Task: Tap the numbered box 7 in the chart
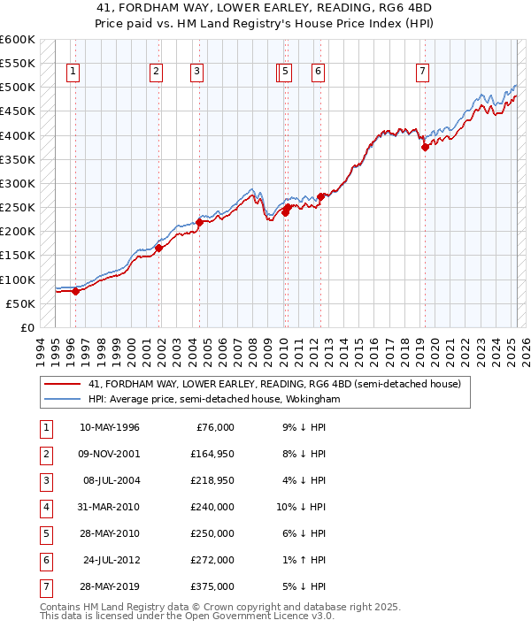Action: [x=422, y=72]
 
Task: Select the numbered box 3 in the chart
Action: [x=196, y=72]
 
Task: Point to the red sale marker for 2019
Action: [x=425, y=148]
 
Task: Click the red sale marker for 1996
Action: [x=75, y=291]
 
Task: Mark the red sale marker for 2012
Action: [x=321, y=196]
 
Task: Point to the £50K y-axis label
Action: [x=19, y=303]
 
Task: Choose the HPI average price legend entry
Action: [x=213, y=400]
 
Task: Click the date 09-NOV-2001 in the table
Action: [x=109, y=455]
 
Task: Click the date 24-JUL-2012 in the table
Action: [x=111, y=560]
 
